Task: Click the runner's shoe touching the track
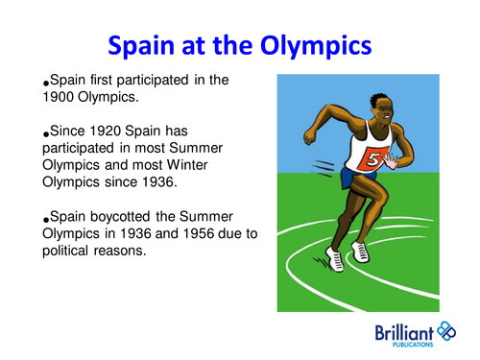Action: (335, 258)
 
